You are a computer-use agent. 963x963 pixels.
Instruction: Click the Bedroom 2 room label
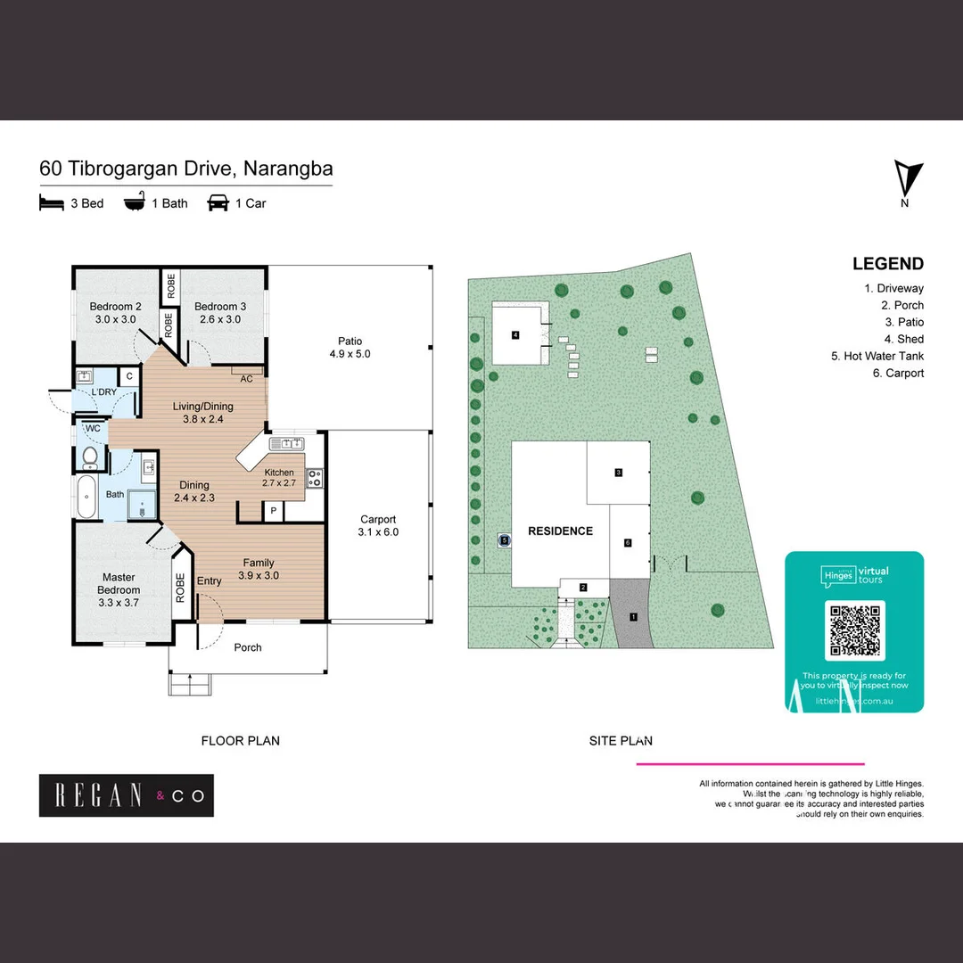111,313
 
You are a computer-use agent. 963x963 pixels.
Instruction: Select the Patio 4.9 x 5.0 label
350,347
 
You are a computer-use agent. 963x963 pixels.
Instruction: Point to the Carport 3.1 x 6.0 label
378,525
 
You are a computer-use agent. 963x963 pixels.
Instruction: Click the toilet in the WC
89,458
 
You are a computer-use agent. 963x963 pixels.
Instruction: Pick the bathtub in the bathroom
86,498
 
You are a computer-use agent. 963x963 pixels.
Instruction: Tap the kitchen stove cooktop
315,477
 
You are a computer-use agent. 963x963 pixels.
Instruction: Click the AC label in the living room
247,378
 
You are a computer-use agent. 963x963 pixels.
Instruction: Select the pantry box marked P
272,511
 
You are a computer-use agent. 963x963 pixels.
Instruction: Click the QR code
854,629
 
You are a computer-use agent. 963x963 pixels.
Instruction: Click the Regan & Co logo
127,795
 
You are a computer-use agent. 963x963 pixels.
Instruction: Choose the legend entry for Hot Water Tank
877,356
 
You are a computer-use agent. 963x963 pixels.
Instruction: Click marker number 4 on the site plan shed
515,335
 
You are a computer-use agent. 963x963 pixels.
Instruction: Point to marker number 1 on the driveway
634,616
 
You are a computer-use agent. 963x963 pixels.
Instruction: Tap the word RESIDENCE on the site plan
560,531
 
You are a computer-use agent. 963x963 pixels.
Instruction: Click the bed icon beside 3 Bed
52,203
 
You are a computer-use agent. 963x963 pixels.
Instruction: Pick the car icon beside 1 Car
218,203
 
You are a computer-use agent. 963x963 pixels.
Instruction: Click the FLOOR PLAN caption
240,740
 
